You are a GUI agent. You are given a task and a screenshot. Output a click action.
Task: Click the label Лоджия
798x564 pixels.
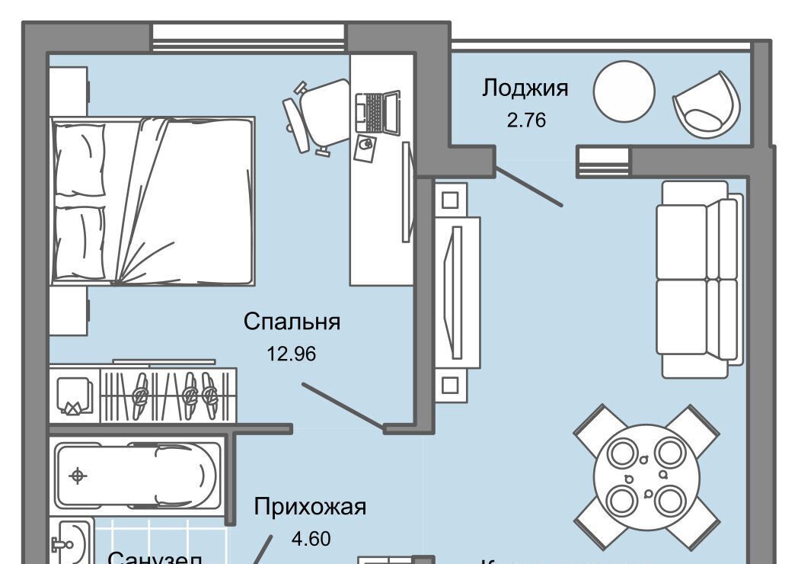click(x=525, y=88)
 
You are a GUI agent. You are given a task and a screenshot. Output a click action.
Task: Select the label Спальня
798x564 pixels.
click(x=292, y=322)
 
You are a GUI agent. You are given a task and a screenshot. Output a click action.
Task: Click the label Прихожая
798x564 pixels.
click(x=311, y=506)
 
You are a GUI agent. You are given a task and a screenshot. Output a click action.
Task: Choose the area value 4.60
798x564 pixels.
click(x=311, y=539)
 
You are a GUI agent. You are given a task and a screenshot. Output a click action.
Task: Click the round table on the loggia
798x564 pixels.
click(x=624, y=91)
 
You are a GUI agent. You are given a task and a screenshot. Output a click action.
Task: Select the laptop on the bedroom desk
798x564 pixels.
click(x=377, y=111)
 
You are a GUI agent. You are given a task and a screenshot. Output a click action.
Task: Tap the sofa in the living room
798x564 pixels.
click(x=700, y=278)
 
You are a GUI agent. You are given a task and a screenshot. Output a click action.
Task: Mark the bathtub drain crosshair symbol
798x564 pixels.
click(x=77, y=476)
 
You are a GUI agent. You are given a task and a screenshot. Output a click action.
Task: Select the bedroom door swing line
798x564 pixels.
click(x=343, y=407)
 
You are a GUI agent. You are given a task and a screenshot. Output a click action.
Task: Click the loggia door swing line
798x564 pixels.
click(x=529, y=187)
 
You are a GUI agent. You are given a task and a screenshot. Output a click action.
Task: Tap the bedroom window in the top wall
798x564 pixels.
click(x=249, y=37)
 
